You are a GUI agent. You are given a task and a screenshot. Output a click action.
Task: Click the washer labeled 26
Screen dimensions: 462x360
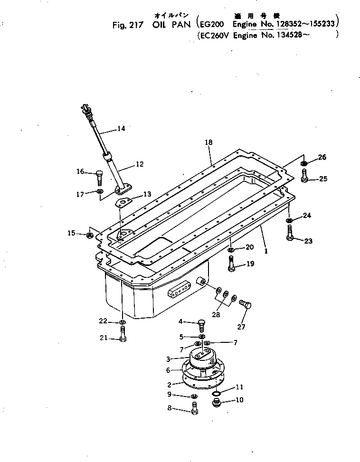[x=304, y=164]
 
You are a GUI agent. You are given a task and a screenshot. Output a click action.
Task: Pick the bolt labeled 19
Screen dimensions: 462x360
[x=231, y=264]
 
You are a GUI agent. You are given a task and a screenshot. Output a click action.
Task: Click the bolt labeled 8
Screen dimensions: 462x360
[x=194, y=408]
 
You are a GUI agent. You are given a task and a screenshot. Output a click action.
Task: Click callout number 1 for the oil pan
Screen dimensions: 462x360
[x=266, y=251]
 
